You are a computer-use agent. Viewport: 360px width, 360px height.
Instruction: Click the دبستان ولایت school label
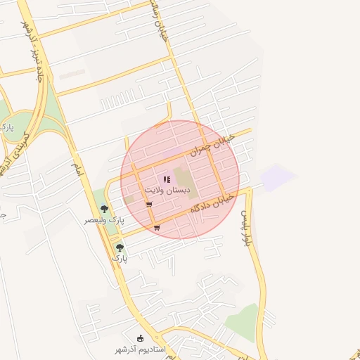pyautogui.click(x=167, y=191)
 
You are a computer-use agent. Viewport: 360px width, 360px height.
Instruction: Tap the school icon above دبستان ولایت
pyautogui.click(x=167, y=180)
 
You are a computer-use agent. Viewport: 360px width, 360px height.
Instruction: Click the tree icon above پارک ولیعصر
pyautogui.click(x=104, y=209)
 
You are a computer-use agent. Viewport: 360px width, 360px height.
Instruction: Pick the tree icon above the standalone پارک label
pyautogui.click(x=120, y=247)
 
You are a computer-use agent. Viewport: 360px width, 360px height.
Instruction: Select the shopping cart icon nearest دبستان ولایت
pyautogui.click(x=149, y=205)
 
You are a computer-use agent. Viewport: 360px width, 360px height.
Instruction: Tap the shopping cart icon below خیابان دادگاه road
pyautogui.click(x=156, y=227)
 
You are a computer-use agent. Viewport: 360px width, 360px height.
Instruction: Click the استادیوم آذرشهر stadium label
pyautogui.click(x=141, y=349)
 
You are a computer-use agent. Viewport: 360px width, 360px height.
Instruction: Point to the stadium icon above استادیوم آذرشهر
pyautogui.click(x=141, y=339)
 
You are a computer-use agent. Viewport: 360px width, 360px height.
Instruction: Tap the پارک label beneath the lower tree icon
pyautogui.click(x=120, y=259)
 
